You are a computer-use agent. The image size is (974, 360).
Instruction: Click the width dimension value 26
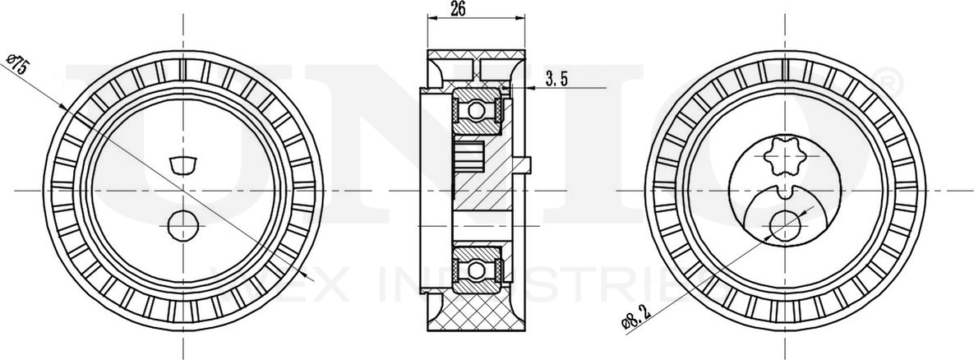(x=459, y=9)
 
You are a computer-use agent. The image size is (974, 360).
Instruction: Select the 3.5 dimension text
(x=556, y=79)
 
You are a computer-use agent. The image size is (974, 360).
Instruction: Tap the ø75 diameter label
(x=18, y=65)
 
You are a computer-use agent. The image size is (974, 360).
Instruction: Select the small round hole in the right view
(x=787, y=224)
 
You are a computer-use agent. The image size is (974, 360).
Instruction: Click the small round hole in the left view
(x=182, y=224)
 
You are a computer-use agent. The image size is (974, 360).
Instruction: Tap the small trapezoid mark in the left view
(x=182, y=164)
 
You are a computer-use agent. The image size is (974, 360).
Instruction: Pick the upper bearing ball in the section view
(x=476, y=110)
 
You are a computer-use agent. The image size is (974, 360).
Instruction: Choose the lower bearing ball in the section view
(x=476, y=268)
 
